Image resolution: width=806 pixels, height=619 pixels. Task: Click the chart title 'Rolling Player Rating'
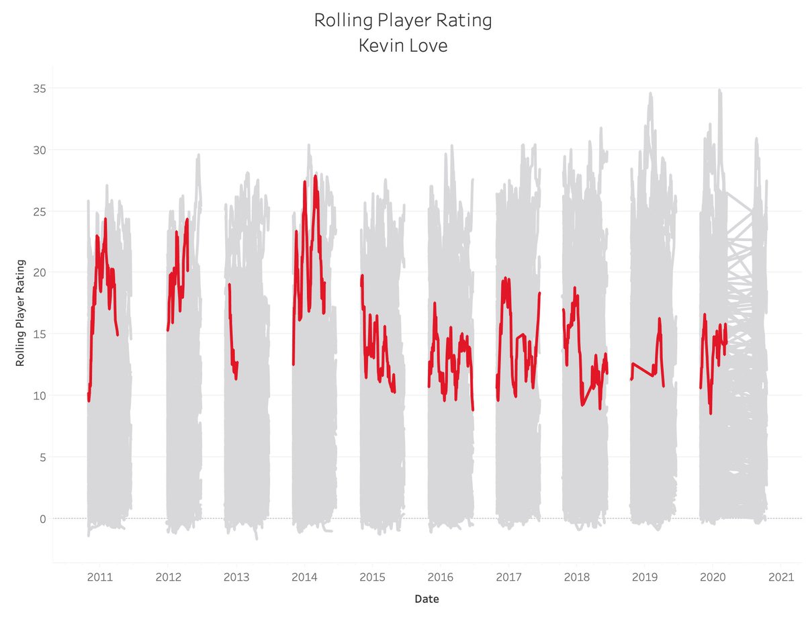pyautogui.click(x=403, y=20)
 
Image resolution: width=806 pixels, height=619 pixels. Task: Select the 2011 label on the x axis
pyautogui.click(x=100, y=577)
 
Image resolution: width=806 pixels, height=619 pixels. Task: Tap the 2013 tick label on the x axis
pyautogui.click(x=236, y=577)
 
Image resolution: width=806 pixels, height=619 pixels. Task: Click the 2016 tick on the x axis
pyautogui.click(x=441, y=577)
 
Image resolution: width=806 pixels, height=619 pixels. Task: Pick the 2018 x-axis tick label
pyautogui.click(x=577, y=577)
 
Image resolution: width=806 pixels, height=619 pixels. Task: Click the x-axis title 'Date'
pyautogui.click(x=428, y=598)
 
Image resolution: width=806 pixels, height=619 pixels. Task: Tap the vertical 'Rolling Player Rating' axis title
pyautogui.click(x=20, y=313)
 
